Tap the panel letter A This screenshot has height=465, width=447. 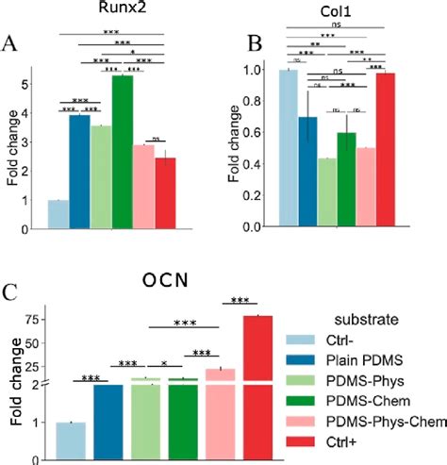[11, 43]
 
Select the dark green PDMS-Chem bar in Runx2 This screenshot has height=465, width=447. [122, 151]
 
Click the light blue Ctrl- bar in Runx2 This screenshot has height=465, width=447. [58, 214]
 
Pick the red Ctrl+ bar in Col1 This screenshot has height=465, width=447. [384, 151]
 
